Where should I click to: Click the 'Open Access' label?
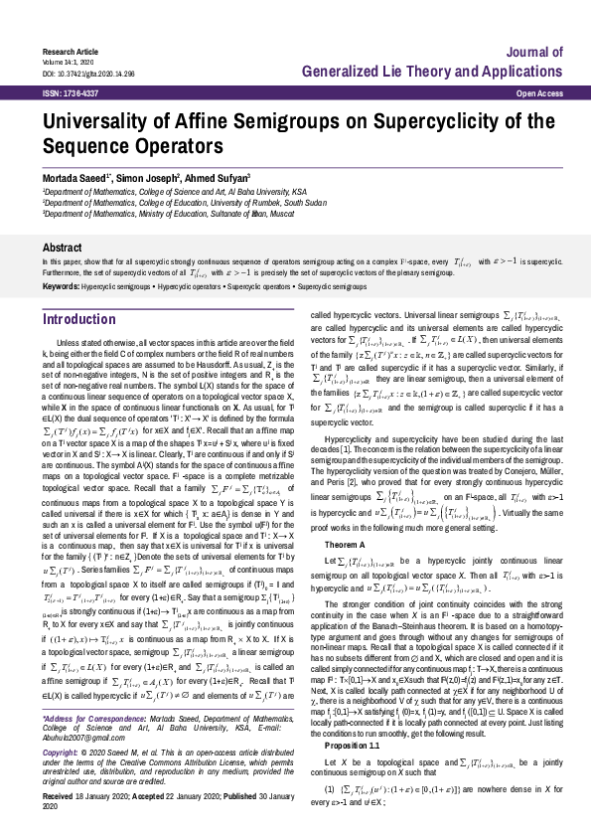[x=527, y=92]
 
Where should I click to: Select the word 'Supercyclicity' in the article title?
[x=434, y=123]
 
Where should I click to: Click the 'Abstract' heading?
[x=61, y=246]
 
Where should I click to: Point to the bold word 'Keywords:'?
[x=61, y=286]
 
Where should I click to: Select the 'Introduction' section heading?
[x=79, y=319]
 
